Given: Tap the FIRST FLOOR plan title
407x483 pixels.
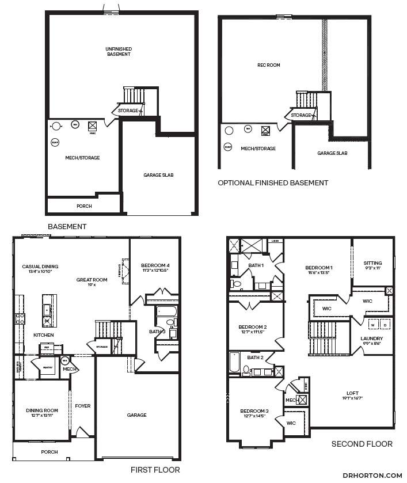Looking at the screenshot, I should pyautogui.click(x=155, y=470).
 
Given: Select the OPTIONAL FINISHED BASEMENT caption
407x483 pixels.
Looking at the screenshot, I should pyautogui.click(x=273, y=183).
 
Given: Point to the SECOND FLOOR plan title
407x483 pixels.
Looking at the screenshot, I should pyautogui.click(x=362, y=444).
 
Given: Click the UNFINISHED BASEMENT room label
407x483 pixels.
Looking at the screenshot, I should pyautogui.click(x=119, y=52).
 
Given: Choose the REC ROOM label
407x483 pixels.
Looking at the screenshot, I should pyautogui.click(x=268, y=65).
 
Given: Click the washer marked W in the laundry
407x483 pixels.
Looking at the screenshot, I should pyautogui.click(x=372, y=325).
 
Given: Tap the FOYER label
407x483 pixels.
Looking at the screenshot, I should pyautogui.click(x=82, y=406).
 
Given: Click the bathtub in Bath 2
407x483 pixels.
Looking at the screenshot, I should pyautogui.click(x=233, y=363).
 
